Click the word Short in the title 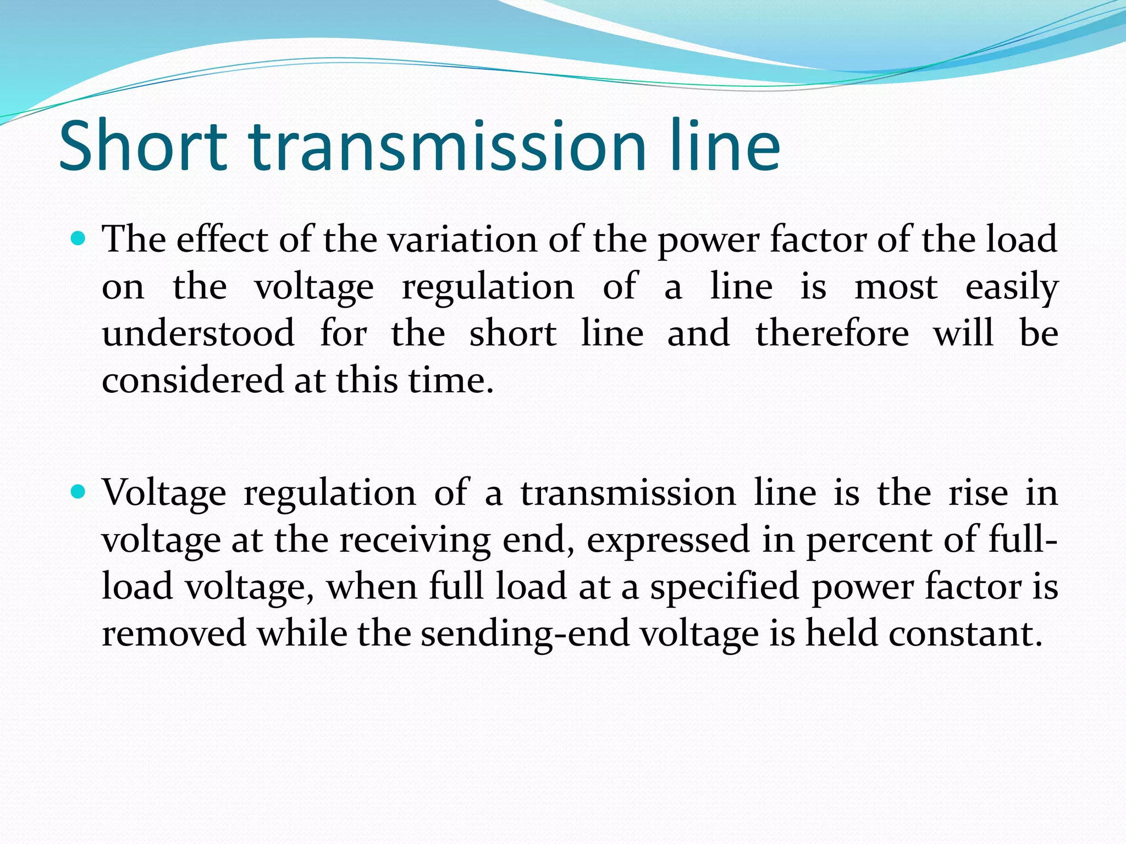[143, 146]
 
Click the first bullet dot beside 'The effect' [79, 238]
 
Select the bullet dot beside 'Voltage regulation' [79, 491]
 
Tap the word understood [198, 334]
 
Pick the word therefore [832, 334]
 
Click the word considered [192, 380]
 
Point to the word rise [978, 492]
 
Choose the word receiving [415, 540]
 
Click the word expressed [668, 540]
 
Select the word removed [174, 634]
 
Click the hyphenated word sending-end [525, 634]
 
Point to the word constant [965, 634]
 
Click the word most [896, 287]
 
